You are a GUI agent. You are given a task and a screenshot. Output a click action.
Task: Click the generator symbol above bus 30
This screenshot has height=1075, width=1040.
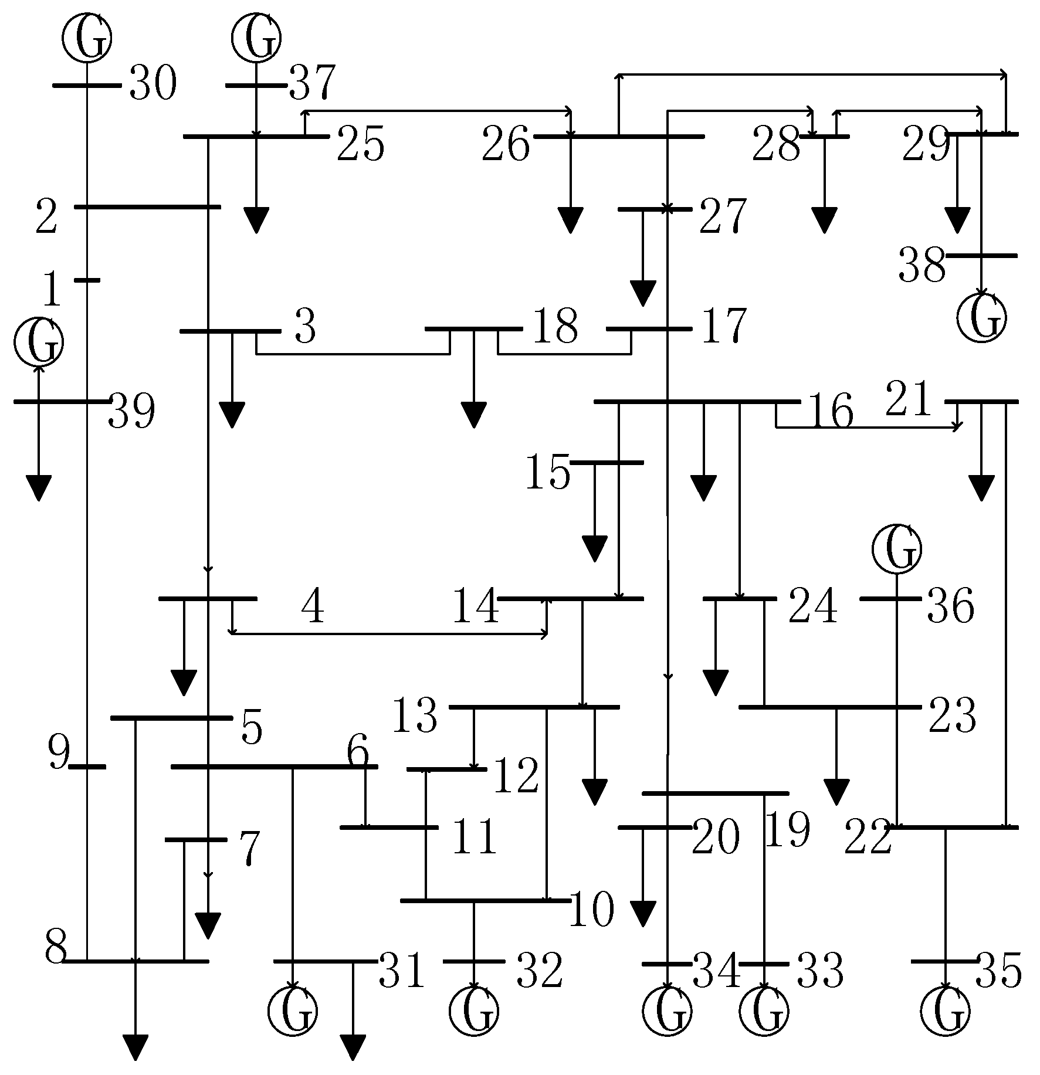click(x=87, y=37)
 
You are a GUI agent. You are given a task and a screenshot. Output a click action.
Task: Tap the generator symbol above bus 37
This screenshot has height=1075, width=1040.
click(x=256, y=37)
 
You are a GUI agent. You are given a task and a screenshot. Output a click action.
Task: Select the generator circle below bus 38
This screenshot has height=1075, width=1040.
click(x=981, y=317)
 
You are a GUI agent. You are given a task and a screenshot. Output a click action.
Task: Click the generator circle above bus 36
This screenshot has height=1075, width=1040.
click(x=896, y=548)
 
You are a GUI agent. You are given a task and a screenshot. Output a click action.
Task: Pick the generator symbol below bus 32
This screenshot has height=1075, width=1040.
click(x=474, y=1010)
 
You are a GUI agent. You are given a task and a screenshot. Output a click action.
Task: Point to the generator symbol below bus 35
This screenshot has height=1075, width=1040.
click(x=945, y=1010)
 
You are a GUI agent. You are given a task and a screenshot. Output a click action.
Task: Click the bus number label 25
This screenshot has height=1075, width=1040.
click(x=360, y=145)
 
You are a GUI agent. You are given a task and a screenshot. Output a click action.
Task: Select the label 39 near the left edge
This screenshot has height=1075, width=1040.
click(x=131, y=412)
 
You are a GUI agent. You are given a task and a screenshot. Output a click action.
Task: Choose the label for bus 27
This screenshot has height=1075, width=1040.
click(x=723, y=216)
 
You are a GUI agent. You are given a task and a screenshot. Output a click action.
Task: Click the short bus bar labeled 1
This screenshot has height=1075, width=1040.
click(x=87, y=280)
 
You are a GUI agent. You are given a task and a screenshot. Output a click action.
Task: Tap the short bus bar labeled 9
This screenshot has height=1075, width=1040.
click(x=87, y=767)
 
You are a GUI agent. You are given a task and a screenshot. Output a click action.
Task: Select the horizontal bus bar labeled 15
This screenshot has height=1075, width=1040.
click(x=607, y=463)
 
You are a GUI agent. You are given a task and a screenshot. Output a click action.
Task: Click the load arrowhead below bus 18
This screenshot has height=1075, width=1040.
click(x=473, y=415)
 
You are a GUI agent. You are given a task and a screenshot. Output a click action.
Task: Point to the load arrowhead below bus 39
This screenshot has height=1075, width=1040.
click(x=39, y=489)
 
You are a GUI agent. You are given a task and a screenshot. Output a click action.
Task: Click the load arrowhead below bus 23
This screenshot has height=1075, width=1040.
click(x=836, y=792)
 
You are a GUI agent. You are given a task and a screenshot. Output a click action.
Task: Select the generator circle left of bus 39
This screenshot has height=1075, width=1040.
click(x=39, y=342)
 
